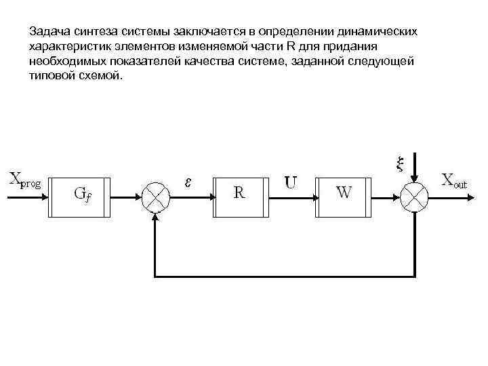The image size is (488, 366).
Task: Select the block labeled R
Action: click(x=240, y=197)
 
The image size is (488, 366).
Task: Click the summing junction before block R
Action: click(x=157, y=197)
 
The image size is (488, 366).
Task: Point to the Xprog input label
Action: click(x=25, y=180)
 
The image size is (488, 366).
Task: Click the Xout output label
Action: click(x=454, y=180)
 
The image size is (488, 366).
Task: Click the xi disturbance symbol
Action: click(x=399, y=163)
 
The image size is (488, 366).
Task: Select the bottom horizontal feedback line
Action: click(x=285, y=277)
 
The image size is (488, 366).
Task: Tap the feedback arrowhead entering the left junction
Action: click(x=157, y=216)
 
